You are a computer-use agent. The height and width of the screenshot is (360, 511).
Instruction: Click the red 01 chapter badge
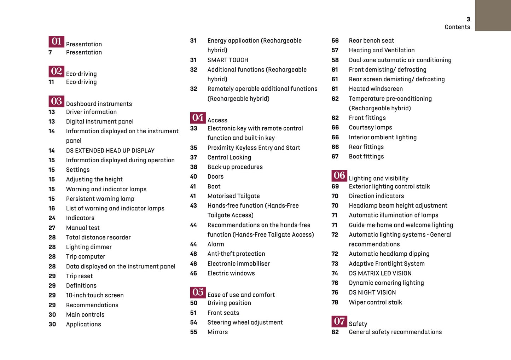[56, 41]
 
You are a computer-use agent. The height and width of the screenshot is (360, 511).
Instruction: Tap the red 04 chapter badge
[198, 117]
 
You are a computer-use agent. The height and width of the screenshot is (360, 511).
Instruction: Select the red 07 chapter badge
[339, 321]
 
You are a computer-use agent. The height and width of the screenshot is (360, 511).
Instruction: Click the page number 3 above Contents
[468, 19]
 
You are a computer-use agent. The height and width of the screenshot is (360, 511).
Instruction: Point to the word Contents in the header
[457, 27]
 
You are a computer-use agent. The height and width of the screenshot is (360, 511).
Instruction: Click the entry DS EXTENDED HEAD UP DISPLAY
[110, 151]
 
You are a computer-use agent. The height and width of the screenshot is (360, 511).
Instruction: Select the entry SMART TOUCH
[228, 60]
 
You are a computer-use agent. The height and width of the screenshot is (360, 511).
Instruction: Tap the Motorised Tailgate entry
[233, 196]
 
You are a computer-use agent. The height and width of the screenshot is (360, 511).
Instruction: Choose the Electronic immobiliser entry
[238, 264]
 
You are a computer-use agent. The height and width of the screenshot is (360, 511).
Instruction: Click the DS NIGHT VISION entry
[372, 292]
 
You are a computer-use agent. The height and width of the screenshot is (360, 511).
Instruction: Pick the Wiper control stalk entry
[375, 302]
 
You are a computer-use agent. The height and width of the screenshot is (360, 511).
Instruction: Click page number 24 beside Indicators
[52, 218]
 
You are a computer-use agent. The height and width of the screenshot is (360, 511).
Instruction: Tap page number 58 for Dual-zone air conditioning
[335, 60]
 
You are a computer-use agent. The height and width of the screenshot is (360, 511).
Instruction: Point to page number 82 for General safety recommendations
[335, 332]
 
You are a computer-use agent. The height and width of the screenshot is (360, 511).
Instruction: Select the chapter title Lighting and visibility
[378, 179]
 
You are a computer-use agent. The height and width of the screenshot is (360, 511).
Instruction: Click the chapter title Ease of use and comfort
[241, 295]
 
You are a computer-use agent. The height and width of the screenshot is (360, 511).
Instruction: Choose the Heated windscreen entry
[376, 89]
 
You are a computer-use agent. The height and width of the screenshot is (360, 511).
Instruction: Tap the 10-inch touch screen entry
[95, 295]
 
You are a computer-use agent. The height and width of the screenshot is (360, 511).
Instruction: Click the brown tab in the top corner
[493, 15]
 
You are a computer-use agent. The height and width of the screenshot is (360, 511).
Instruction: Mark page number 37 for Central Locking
[193, 157]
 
